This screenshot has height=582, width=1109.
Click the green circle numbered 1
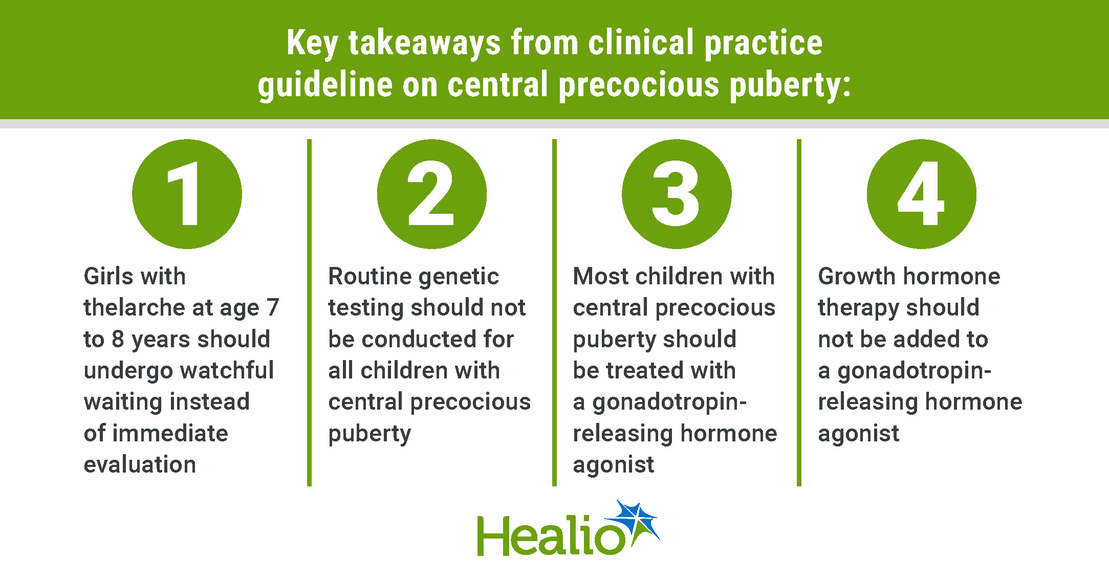click(187, 194)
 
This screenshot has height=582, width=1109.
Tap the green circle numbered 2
click(431, 194)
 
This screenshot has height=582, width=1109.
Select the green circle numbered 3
click(677, 194)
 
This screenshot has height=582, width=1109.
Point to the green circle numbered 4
click(921, 194)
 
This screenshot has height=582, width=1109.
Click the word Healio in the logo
click(551, 535)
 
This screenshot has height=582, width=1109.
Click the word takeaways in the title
click(424, 44)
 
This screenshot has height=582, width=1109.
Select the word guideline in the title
click(325, 85)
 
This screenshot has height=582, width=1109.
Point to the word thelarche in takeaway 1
click(135, 307)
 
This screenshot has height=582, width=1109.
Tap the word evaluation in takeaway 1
click(140, 464)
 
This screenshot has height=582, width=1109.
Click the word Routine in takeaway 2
click(369, 276)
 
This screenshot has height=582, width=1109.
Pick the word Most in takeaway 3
click(601, 276)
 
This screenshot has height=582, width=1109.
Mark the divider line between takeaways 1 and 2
click(309, 312)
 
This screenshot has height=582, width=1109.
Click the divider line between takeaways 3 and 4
click(799, 312)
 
